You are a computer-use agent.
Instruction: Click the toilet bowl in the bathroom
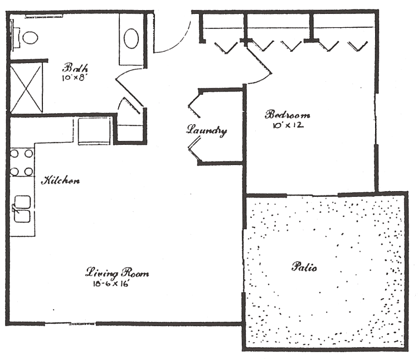[30, 37]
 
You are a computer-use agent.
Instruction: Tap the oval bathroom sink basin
[131, 38]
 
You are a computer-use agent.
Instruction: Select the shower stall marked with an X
[26, 87]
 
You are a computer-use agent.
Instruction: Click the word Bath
[75, 68]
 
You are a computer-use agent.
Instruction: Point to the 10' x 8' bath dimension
[74, 78]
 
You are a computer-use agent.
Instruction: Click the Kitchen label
[60, 181]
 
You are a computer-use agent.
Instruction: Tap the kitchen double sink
[22, 209]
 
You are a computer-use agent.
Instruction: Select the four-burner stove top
[22, 162]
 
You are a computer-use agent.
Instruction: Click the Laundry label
[207, 130]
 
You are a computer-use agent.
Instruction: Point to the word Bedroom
[288, 115]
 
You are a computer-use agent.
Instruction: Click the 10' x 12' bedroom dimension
[288, 125]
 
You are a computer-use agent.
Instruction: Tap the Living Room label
[117, 273]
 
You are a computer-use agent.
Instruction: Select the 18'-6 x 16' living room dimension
[111, 284]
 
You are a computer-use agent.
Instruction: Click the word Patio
[304, 267]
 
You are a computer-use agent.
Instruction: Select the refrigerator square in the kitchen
[94, 131]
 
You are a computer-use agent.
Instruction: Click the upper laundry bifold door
[195, 104]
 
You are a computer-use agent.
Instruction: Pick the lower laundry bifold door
[195, 149]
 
